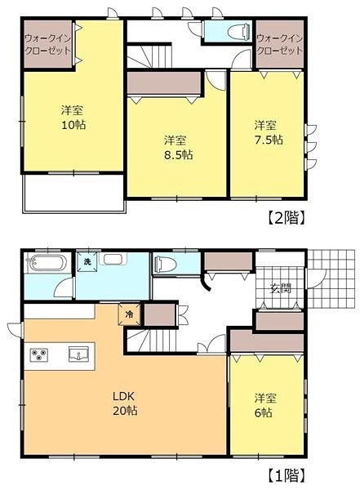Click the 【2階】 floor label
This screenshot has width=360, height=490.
pos(286,217)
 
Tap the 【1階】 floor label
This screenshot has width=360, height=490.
pos(286,475)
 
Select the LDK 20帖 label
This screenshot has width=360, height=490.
pos(125,403)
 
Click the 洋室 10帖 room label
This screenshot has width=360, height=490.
pos(73,118)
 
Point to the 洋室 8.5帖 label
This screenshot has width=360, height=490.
pos(178,148)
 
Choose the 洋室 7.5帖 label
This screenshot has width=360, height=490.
pos(268,132)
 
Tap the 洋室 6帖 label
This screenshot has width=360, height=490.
pos(264,405)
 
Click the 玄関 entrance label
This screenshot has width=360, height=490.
pos(281,288)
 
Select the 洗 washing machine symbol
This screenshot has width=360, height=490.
pos(87,262)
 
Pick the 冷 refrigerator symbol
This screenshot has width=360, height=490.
pos(129,314)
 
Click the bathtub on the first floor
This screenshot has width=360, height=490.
pos(47,261)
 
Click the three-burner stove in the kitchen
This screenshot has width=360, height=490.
pos(39,355)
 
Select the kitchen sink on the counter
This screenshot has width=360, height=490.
pos(78,354)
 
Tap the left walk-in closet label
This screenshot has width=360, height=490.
pos(48,44)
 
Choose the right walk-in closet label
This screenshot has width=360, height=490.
pos(280,44)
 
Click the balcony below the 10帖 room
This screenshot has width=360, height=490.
pos(74,193)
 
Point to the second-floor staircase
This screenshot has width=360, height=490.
pos(149,56)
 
